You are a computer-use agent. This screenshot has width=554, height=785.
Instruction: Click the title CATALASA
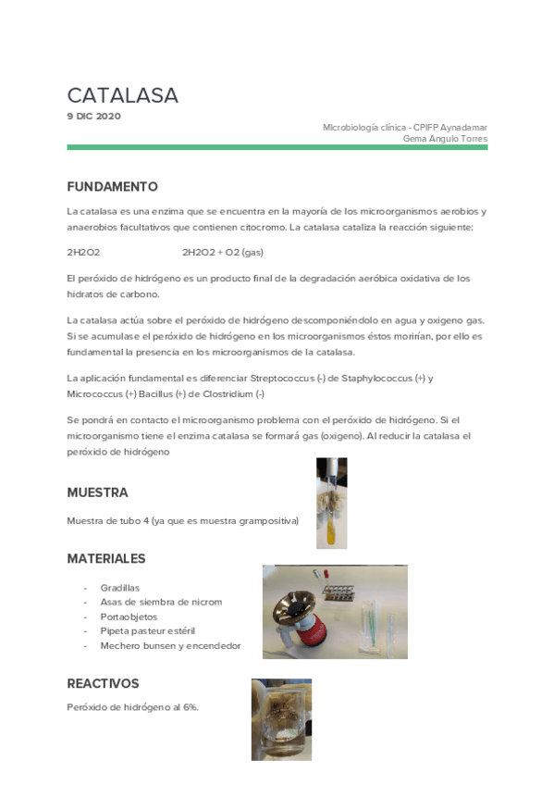(x=122, y=95)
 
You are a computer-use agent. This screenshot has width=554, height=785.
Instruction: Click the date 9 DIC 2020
(x=93, y=116)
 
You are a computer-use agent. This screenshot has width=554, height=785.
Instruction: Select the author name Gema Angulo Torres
(x=445, y=139)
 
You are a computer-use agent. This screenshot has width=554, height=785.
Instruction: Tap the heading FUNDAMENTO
(x=112, y=186)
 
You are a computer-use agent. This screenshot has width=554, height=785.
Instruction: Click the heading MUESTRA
(x=97, y=492)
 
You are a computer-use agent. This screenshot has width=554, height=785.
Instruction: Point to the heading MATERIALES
(x=105, y=559)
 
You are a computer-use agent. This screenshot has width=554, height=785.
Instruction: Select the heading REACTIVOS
(x=103, y=683)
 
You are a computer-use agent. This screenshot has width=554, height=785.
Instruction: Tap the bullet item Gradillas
(x=119, y=587)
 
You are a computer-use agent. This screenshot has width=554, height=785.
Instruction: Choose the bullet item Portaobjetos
(x=128, y=616)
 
